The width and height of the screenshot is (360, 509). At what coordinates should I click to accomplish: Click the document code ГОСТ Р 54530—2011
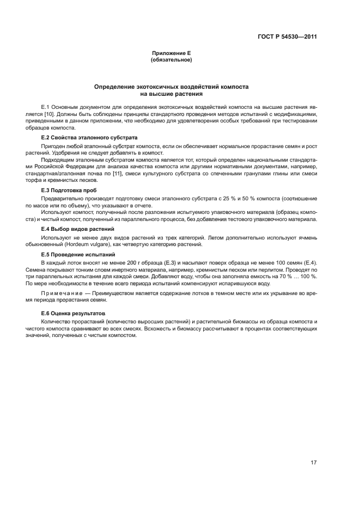(x=287, y=37)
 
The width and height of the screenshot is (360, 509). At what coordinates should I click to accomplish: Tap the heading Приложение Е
(x=170, y=53)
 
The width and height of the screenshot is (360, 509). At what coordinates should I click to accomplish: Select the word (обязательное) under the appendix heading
(x=171, y=59)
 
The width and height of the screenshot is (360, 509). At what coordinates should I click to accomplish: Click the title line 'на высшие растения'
(x=172, y=94)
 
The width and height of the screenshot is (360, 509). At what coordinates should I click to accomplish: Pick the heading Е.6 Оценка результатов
(x=70, y=314)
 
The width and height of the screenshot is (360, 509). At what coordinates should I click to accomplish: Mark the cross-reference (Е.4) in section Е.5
(x=311, y=263)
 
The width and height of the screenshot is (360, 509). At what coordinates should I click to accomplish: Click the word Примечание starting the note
(x=64, y=293)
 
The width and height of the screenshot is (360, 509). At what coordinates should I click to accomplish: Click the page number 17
(x=313, y=463)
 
